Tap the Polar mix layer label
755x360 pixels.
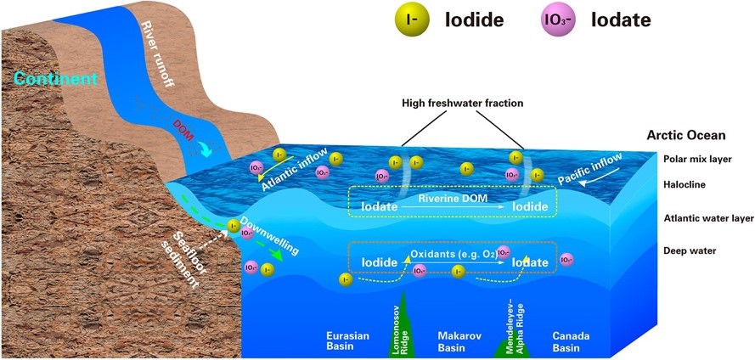click(696, 159)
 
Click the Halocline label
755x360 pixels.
click(687, 183)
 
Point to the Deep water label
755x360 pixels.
click(690, 250)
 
